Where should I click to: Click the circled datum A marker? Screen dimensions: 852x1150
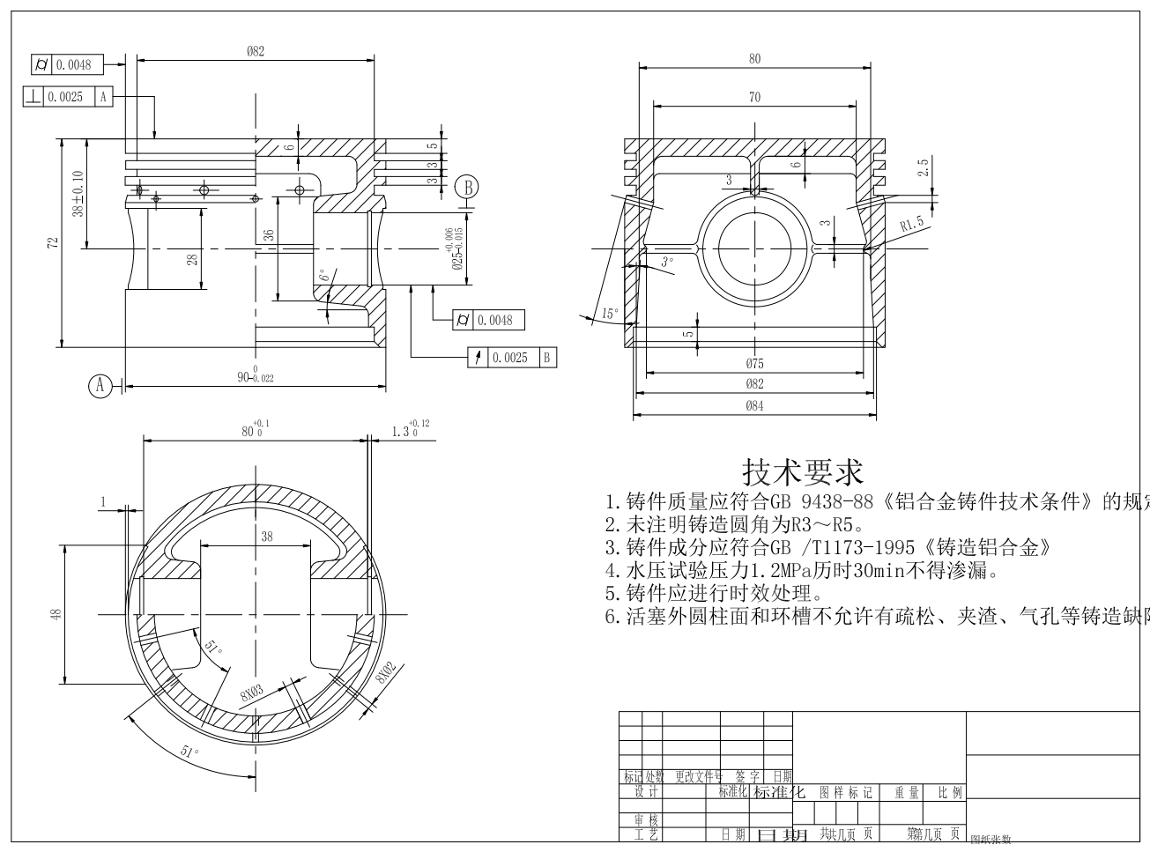(100, 385)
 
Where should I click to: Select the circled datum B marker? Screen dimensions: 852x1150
(468, 187)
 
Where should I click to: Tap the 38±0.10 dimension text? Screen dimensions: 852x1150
(78, 195)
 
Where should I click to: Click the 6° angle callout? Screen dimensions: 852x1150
(324, 276)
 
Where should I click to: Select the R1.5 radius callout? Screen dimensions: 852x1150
(912, 224)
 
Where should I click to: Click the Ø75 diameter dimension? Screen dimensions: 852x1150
(754, 364)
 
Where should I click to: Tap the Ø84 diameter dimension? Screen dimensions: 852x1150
(754, 405)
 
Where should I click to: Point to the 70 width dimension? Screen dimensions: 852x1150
(754, 98)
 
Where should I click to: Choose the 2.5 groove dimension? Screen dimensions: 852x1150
(923, 167)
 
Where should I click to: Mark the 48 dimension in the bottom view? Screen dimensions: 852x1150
(56, 614)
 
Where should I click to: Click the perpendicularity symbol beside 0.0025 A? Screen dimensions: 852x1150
(33, 97)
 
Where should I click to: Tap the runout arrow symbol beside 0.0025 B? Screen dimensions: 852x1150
(478, 358)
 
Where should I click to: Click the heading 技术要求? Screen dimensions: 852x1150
(803, 472)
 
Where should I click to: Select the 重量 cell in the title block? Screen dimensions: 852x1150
(907, 793)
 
